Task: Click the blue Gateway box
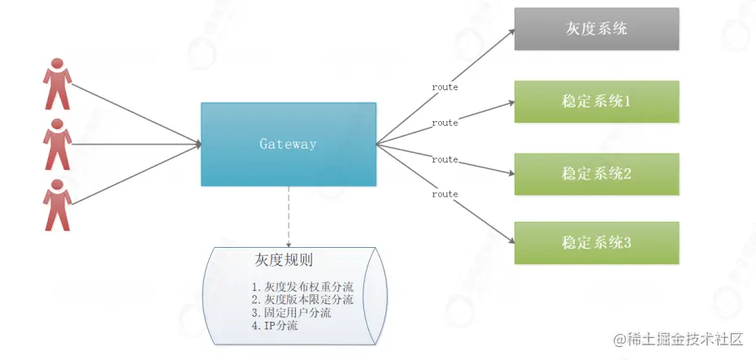click(x=289, y=144)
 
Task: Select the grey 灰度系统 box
click(x=596, y=29)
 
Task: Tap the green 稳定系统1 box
click(x=596, y=102)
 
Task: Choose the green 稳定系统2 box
click(x=596, y=173)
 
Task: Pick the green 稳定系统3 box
click(x=596, y=242)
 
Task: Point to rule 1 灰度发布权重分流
click(x=303, y=287)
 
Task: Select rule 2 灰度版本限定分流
click(x=303, y=300)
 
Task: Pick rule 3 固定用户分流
click(x=291, y=313)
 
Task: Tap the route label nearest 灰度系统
click(x=445, y=86)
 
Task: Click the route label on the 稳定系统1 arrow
click(x=445, y=123)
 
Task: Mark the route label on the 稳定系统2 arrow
click(x=445, y=159)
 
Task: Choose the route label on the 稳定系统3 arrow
click(x=445, y=194)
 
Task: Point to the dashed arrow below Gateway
click(x=289, y=215)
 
